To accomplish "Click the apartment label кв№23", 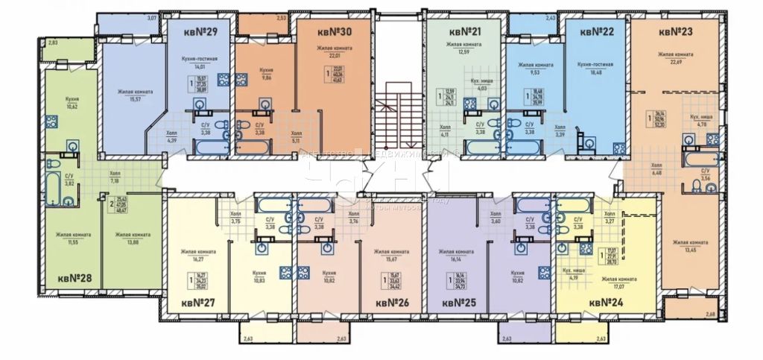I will (677, 32).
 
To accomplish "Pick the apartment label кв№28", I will (75, 278).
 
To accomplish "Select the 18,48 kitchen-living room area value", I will (595, 73).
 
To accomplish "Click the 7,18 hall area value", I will (115, 181).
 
